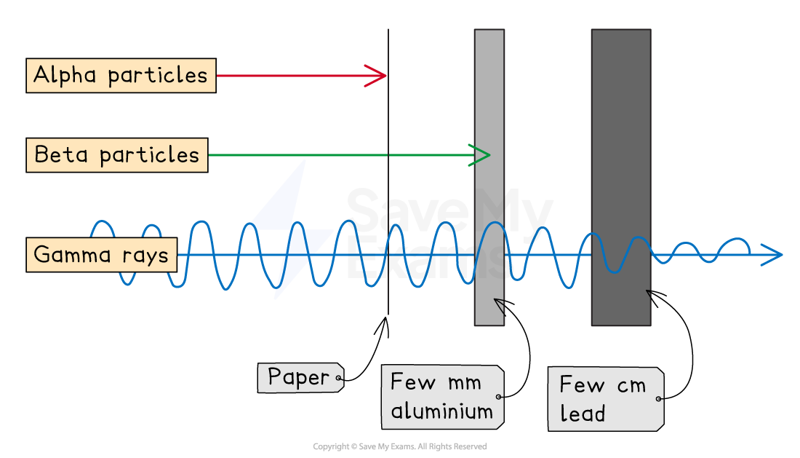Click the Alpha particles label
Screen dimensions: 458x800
[121, 76]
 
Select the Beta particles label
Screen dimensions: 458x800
[116, 155]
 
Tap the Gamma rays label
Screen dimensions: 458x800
[101, 255]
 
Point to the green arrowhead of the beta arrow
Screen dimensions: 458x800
[481, 154]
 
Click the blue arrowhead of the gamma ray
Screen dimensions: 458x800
[772, 255]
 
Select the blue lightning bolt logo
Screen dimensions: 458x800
[289, 230]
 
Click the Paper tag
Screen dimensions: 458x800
[300, 377]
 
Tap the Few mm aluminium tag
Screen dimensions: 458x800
[442, 397]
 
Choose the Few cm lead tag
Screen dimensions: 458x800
[604, 399]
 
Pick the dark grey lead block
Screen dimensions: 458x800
[620, 146]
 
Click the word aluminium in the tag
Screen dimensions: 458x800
[441, 411]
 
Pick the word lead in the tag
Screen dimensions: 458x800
[583, 414]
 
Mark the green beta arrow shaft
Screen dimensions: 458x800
[335, 155]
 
